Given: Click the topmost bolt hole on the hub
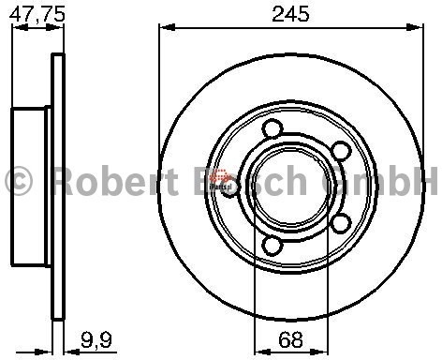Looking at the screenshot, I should point(273,129).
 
